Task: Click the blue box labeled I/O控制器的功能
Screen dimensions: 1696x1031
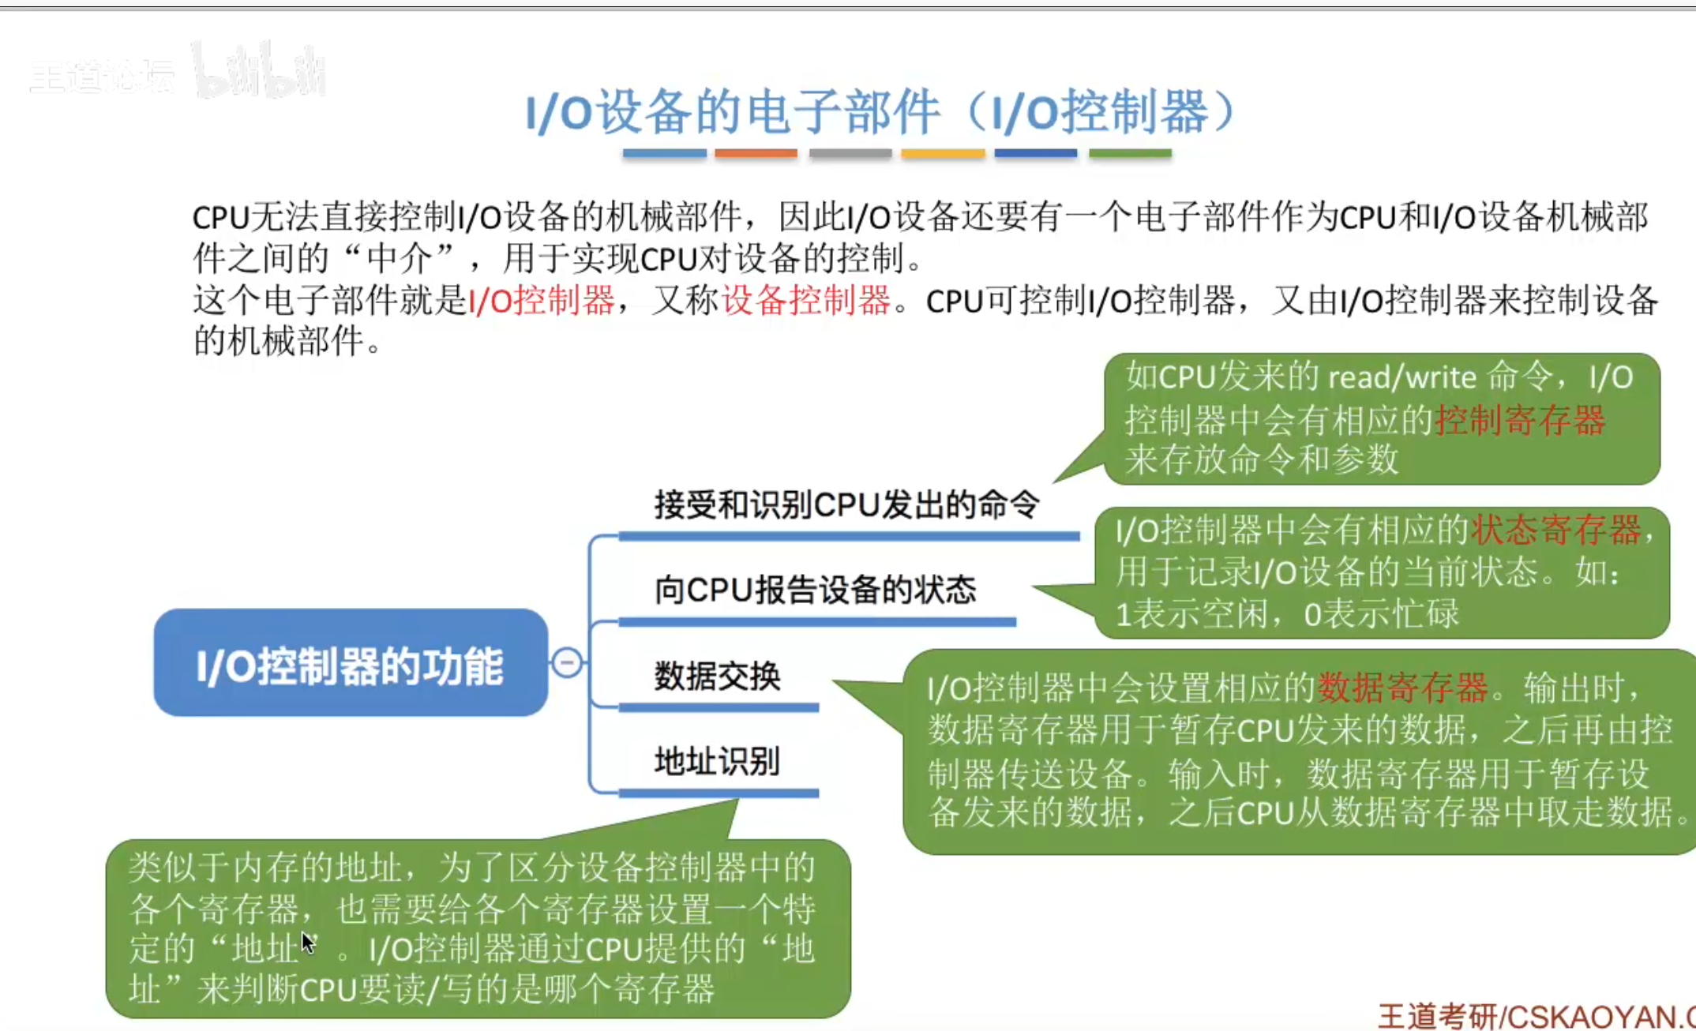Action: pyautogui.click(x=351, y=663)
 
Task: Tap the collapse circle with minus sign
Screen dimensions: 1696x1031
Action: pyautogui.click(x=567, y=662)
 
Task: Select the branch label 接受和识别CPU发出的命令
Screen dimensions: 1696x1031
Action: pyautogui.click(x=846, y=504)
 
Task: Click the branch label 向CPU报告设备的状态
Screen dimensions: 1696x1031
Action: pyautogui.click(x=815, y=590)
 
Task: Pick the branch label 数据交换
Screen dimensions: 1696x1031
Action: pyautogui.click(x=717, y=676)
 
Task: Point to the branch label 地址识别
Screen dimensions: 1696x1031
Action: pyautogui.click(x=717, y=761)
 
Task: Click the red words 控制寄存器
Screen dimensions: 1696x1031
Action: pyautogui.click(x=1520, y=419)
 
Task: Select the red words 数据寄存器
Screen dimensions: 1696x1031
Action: pyautogui.click(x=1402, y=688)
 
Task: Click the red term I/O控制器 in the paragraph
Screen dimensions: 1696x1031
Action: pyautogui.click(x=542, y=301)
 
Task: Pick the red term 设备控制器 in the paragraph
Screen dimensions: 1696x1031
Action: pyautogui.click(x=805, y=301)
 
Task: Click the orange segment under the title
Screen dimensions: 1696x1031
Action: pyautogui.click(x=756, y=153)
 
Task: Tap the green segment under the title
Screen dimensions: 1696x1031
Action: pyautogui.click(x=1130, y=153)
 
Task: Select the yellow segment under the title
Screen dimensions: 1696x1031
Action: pyautogui.click(x=943, y=153)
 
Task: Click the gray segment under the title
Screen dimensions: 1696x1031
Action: pyautogui.click(x=850, y=153)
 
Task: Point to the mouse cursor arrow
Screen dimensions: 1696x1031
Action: pyautogui.click(x=308, y=943)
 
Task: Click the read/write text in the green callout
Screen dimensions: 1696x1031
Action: pyautogui.click(x=1402, y=378)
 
